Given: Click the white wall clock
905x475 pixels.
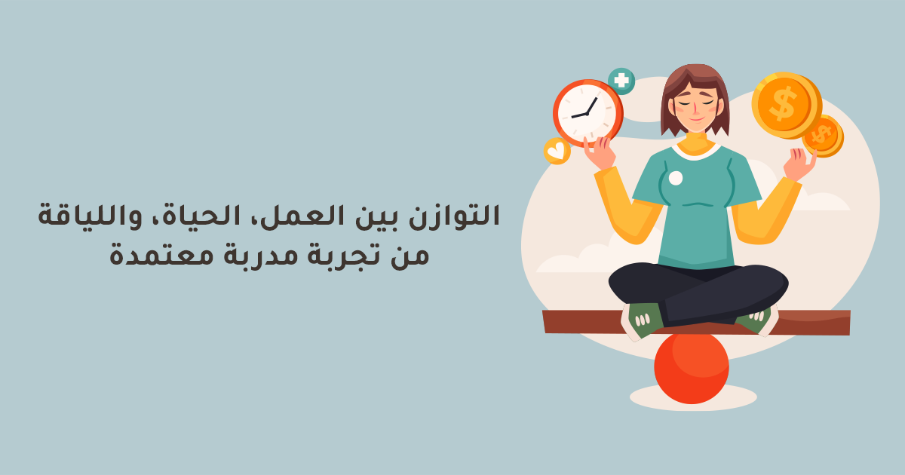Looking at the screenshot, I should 587,113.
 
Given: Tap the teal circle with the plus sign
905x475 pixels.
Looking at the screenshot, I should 621,81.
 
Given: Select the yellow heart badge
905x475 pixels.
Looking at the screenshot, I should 557,151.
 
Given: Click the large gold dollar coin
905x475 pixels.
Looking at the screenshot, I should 784,105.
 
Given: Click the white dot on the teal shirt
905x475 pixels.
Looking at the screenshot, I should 676,178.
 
